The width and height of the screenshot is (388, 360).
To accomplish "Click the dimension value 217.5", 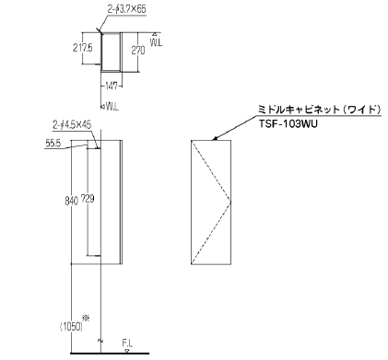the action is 83,48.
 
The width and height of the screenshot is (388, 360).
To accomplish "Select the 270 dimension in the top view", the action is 138,50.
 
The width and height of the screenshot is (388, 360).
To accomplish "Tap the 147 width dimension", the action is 111,87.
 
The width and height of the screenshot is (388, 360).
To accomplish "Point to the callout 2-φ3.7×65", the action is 126,10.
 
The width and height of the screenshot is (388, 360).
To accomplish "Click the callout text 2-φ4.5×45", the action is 72,125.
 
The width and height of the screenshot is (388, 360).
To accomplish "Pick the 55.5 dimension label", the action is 53,143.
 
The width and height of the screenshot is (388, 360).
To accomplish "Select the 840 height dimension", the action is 71,201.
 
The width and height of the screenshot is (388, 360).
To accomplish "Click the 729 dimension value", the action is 88,199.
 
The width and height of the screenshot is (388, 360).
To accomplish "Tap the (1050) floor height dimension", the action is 71,327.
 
